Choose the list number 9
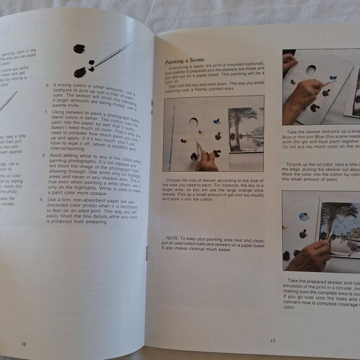40,199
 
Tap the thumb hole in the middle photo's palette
193,122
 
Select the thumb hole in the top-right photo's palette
311,70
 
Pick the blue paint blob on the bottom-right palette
304,217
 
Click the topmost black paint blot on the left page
79,48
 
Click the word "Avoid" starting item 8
60,160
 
